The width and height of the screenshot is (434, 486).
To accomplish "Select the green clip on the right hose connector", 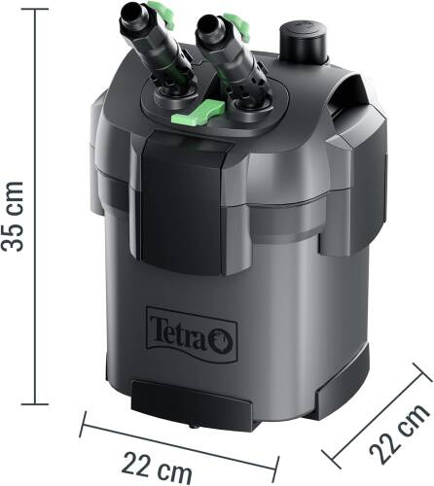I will pyautogui.click(x=234, y=19).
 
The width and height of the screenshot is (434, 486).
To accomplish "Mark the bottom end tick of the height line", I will pyautogui.click(x=36, y=402).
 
